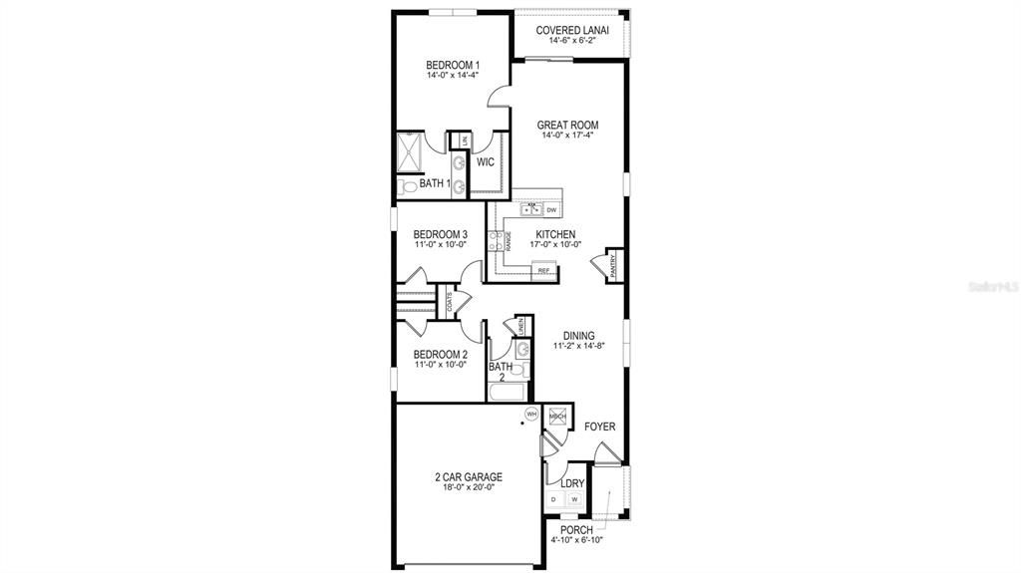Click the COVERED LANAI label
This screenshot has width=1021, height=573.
pyautogui.click(x=572, y=30)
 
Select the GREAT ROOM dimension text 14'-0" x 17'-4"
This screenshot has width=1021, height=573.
pyautogui.click(x=570, y=136)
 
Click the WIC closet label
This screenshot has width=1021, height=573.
pyautogui.click(x=486, y=161)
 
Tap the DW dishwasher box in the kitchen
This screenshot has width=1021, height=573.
pyautogui.click(x=550, y=210)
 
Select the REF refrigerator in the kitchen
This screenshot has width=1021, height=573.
pyautogui.click(x=544, y=270)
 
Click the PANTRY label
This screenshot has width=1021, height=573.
pyautogui.click(x=613, y=266)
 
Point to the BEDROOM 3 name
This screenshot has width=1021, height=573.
pyautogui.click(x=440, y=235)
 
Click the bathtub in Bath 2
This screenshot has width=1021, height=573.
pyautogui.click(x=505, y=392)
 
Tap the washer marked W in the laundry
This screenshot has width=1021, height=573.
pyautogui.click(x=574, y=499)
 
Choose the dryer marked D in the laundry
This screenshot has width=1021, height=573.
pyautogui.click(x=553, y=499)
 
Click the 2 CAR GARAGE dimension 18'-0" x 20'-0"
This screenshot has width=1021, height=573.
pyautogui.click(x=469, y=488)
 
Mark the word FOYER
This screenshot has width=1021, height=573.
pyautogui.click(x=599, y=427)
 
